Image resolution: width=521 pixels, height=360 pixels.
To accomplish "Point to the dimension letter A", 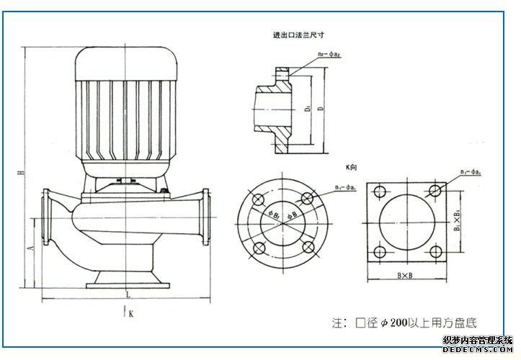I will tap(30, 247).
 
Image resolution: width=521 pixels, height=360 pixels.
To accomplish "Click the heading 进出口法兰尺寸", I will tap(297, 35).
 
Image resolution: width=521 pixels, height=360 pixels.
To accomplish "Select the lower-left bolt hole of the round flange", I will tap(258, 247).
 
